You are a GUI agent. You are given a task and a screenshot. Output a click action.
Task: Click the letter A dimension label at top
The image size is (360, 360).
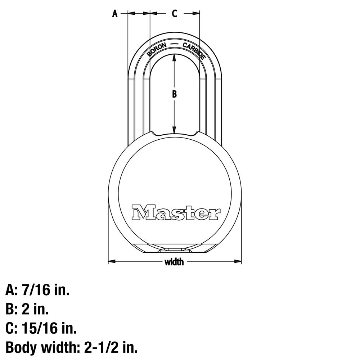[115, 14]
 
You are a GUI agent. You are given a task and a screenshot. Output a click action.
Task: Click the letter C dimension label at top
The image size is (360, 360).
[174, 14]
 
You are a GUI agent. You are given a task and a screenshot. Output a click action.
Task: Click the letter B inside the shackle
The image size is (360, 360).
[174, 94]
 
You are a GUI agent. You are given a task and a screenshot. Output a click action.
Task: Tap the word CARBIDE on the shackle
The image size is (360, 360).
[194, 51]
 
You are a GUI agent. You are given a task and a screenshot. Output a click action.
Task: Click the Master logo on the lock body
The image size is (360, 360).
[176, 212]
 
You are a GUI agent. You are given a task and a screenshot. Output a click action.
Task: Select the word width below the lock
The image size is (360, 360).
[174, 262]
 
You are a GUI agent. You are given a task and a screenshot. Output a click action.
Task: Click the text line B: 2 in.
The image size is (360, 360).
[27, 309]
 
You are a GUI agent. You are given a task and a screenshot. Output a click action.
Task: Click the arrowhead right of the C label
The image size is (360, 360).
[196, 14]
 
